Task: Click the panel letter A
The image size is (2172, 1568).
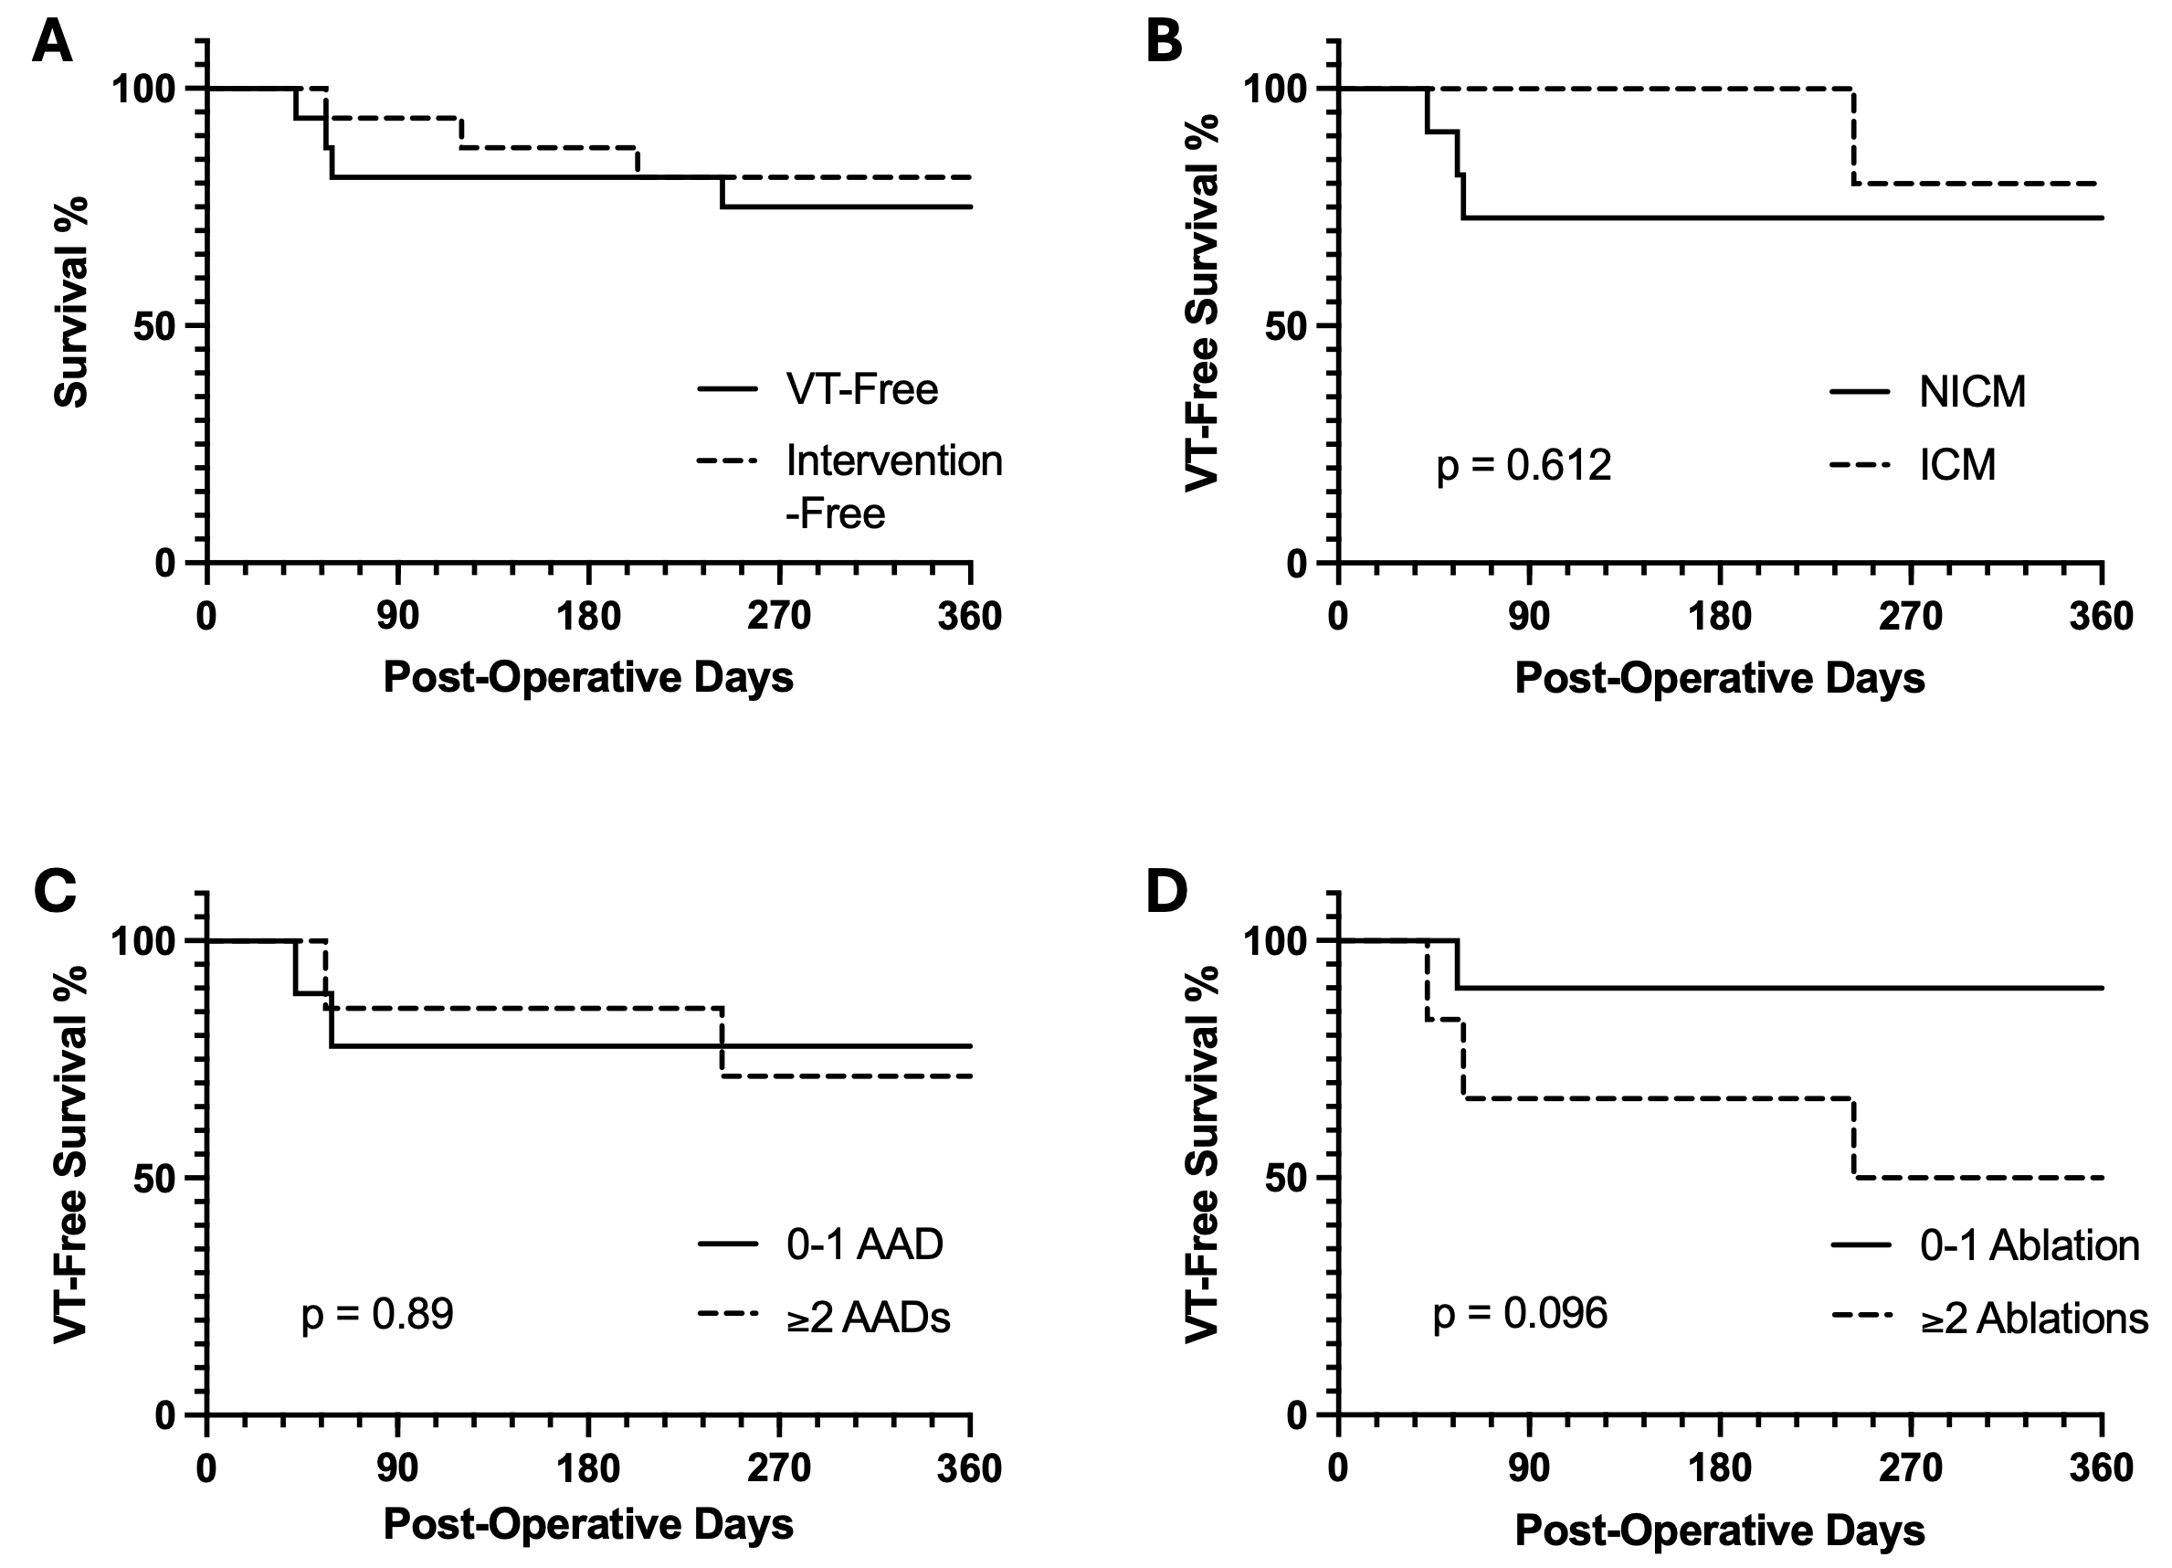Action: (52, 43)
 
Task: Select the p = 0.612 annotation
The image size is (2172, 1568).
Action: (1524, 465)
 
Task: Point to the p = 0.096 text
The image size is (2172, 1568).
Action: (1520, 1313)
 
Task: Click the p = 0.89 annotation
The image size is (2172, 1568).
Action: (377, 1313)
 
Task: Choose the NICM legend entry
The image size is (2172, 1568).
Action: (1972, 392)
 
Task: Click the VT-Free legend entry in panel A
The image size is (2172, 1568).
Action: (861, 389)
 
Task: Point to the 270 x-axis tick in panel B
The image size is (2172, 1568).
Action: (1911, 616)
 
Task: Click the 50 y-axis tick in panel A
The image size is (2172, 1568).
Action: (153, 325)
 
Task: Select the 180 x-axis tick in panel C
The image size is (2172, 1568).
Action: (588, 1468)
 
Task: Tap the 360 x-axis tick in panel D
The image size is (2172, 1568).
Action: (2101, 1468)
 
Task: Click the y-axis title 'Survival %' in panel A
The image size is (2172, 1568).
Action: (71, 302)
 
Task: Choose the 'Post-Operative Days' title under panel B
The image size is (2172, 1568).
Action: (1719, 678)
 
